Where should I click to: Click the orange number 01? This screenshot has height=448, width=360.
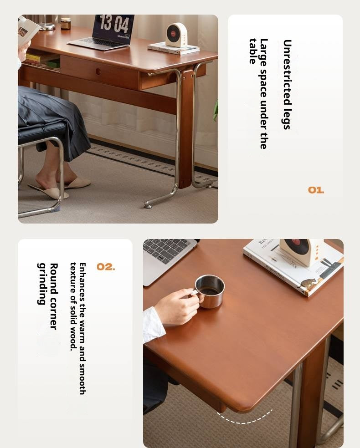(316, 190)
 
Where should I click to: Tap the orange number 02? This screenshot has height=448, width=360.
(106, 267)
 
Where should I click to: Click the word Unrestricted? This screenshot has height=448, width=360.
(287, 59)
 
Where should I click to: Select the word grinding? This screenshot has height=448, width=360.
(42, 284)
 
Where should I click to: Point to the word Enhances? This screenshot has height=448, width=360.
(82, 277)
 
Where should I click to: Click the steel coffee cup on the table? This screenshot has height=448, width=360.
(210, 291)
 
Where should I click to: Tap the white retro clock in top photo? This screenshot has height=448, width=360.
(176, 35)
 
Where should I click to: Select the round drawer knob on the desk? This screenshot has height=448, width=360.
(99, 71)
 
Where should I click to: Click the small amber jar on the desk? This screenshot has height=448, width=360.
(66, 24)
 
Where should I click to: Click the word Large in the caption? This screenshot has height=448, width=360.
(263, 50)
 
